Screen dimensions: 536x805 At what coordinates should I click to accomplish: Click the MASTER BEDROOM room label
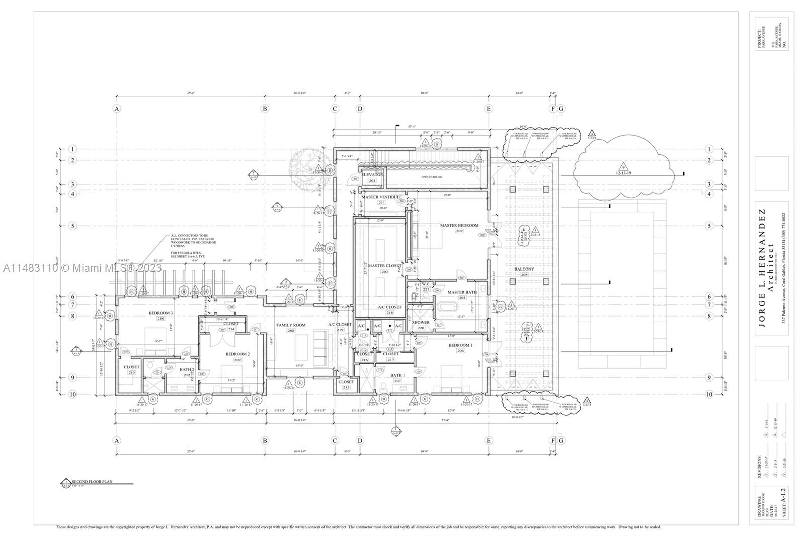459,225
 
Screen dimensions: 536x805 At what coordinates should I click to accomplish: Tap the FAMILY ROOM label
291,325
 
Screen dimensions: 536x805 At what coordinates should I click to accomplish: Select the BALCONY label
524,269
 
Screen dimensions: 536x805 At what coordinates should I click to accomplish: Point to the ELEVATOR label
372,175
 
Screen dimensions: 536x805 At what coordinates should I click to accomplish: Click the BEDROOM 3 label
160,313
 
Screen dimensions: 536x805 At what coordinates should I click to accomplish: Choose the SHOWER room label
421,322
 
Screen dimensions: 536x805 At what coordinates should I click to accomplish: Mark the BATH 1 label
397,375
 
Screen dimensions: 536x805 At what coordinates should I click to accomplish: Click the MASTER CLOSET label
384,266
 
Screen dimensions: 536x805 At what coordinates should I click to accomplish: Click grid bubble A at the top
117,109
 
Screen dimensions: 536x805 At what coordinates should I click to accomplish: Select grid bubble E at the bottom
488,441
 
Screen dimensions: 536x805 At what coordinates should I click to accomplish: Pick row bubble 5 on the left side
73,226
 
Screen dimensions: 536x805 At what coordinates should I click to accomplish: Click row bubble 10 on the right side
709,394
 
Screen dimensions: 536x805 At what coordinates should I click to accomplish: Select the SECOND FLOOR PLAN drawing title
93,482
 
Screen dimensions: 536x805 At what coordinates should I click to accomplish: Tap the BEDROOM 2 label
237,354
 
